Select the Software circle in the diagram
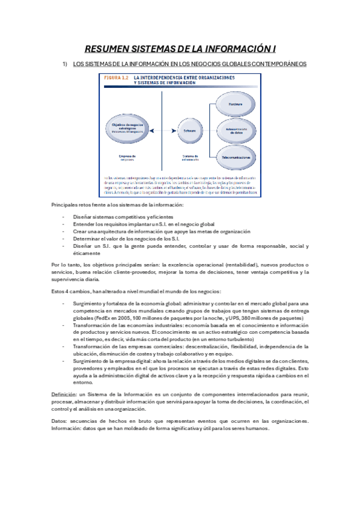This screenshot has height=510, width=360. tap(190, 130)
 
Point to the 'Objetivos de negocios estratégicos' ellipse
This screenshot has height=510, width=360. tap(129, 124)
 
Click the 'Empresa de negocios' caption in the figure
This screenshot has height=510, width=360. tap(127, 158)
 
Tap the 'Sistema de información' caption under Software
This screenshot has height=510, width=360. tap(190, 158)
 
